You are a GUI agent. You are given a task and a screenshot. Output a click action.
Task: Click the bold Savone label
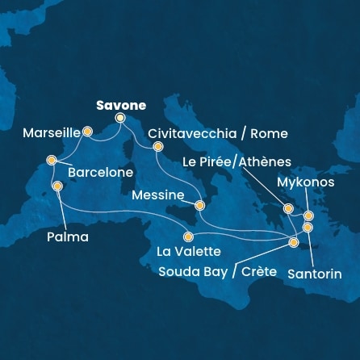pyautogui.click(x=121, y=105)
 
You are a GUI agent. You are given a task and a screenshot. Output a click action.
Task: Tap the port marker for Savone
pyautogui.click(x=120, y=118)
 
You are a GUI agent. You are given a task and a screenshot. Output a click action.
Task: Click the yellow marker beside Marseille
pyautogui.click(x=87, y=130)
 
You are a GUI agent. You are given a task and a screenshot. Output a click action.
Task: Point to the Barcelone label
pyautogui.click(x=100, y=172)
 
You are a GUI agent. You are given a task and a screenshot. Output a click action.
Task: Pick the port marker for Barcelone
pyautogui.click(x=52, y=159)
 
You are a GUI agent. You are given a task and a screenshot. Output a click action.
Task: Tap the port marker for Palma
pyautogui.click(x=57, y=186)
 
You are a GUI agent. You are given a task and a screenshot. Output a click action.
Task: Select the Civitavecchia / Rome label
pyautogui.click(x=218, y=133)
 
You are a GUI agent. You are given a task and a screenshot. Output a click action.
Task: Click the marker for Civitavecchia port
pyautogui.click(x=158, y=146)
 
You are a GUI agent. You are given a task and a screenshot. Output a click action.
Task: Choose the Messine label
pyautogui.click(x=157, y=195)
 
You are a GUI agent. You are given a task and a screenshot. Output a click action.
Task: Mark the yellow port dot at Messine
pyautogui.click(x=199, y=205)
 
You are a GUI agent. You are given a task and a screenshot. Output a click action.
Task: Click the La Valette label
pyautogui.click(x=189, y=252)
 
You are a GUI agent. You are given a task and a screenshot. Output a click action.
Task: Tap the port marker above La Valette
pyautogui.click(x=188, y=237)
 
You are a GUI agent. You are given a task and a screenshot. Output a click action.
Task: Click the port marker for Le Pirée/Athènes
pyautogui.click(x=287, y=209)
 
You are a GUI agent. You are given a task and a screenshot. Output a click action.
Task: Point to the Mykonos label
pyautogui.click(x=304, y=182)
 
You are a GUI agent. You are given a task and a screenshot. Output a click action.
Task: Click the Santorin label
pyautogui.click(x=316, y=274)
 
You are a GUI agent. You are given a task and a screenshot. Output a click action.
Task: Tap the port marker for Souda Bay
pyautogui.click(x=294, y=242)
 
